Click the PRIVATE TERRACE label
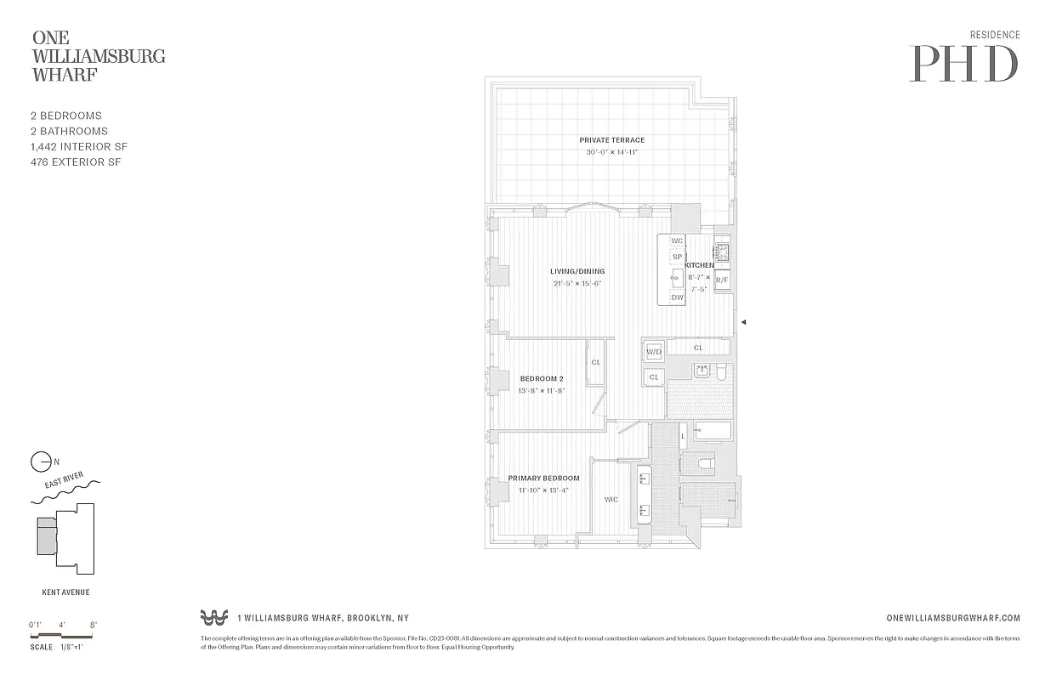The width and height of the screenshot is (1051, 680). tap(611, 140)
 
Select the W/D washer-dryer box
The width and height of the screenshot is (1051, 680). tap(654, 351)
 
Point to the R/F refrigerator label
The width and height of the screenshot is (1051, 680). tap(722, 280)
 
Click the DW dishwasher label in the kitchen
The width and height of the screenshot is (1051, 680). tap(677, 297)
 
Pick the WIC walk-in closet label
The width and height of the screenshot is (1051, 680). tap(611, 500)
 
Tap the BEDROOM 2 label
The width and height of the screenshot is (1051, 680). tap(542, 379)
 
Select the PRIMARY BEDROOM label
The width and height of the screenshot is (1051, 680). tap(543, 479)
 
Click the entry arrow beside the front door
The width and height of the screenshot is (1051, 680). tap(744, 322)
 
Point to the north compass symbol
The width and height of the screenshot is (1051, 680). tap(41, 462)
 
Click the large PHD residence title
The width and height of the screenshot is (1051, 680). tap(963, 63)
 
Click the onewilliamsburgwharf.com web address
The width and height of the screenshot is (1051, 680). tap(952, 619)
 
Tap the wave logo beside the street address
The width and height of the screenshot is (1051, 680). tap(214, 618)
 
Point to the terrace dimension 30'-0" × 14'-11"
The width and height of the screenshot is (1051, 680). tap(611, 152)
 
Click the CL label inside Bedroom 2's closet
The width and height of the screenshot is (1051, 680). tap(595, 362)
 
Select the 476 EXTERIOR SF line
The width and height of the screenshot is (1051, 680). tap(75, 161)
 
